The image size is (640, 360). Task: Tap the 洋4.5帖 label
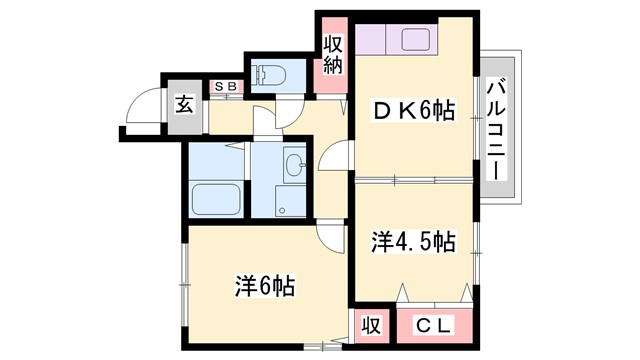pyautogui.click(x=414, y=242)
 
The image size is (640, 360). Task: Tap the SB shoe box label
pyautogui.click(x=225, y=87)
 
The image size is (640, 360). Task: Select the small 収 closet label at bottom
pyautogui.click(x=369, y=325)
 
